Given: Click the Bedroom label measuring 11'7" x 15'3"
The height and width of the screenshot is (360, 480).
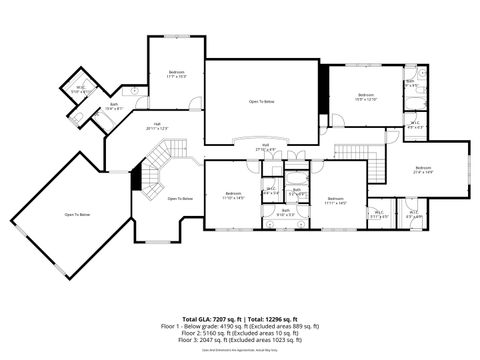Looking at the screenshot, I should tap(177, 73).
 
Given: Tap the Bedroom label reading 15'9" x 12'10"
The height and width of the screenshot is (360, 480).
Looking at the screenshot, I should tap(365, 97).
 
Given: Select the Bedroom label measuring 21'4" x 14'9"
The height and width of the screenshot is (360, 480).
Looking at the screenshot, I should tap(422, 170).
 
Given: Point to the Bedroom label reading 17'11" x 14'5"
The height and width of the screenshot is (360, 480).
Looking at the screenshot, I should tap(335, 201).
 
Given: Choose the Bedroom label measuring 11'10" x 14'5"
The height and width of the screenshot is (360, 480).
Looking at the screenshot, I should tap(234, 195).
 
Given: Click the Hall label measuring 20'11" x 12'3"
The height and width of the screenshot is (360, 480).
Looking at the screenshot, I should tap(157, 126).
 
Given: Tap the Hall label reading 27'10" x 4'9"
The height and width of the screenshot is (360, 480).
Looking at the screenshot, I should tap(266, 148).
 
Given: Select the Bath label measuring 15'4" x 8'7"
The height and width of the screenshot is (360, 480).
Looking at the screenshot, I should tap(114, 106).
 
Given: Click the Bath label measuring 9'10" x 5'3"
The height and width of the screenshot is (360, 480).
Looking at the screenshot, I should tap(285, 212).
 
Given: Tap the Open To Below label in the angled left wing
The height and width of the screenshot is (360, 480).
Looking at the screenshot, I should tap(78, 215).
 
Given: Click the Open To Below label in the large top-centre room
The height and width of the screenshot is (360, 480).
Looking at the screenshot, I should tap(262, 102).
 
